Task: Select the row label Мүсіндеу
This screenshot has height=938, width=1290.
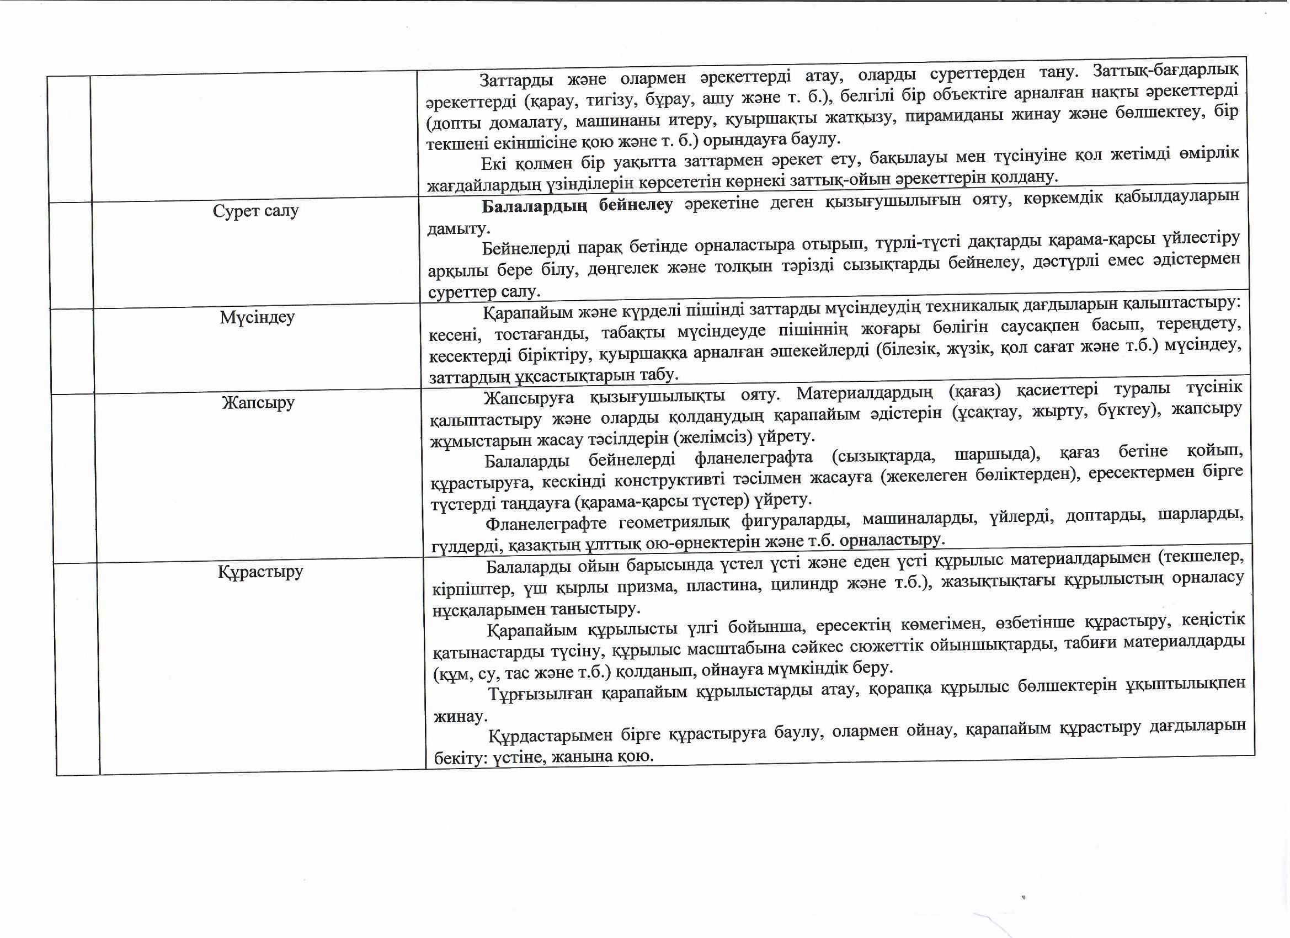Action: click(257, 317)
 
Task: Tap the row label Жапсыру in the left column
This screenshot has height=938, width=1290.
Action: click(258, 403)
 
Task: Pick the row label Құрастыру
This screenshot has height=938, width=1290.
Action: click(260, 571)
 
